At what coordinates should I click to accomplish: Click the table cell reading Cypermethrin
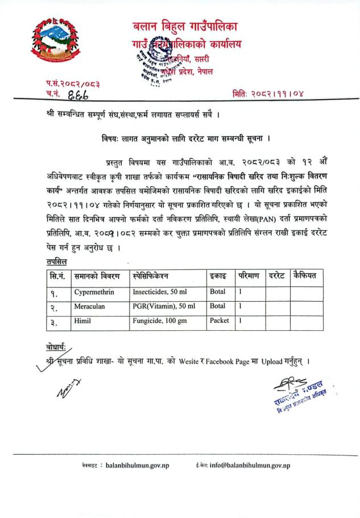[96, 291]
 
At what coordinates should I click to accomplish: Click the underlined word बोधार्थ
[56, 347]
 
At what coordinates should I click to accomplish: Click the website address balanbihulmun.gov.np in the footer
[135, 466]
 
